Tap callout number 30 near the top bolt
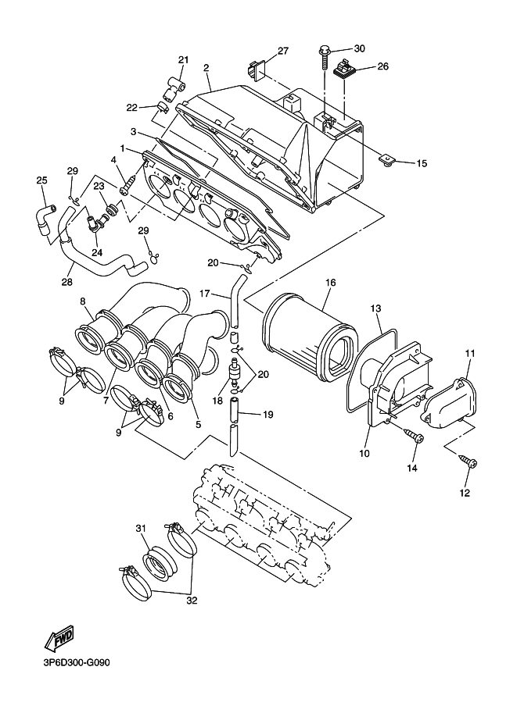click(x=359, y=48)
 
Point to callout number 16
click(x=330, y=283)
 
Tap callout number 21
click(x=184, y=59)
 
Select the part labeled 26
click(x=345, y=70)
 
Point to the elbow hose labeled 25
click(x=44, y=220)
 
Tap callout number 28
click(x=67, y=283)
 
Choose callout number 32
click(x=192, y=601)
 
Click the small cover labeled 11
click(x=451, y=400)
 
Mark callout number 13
click(x=375, y=308)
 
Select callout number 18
click(x=217, y=400)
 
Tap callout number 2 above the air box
click(x=206, y=68)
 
